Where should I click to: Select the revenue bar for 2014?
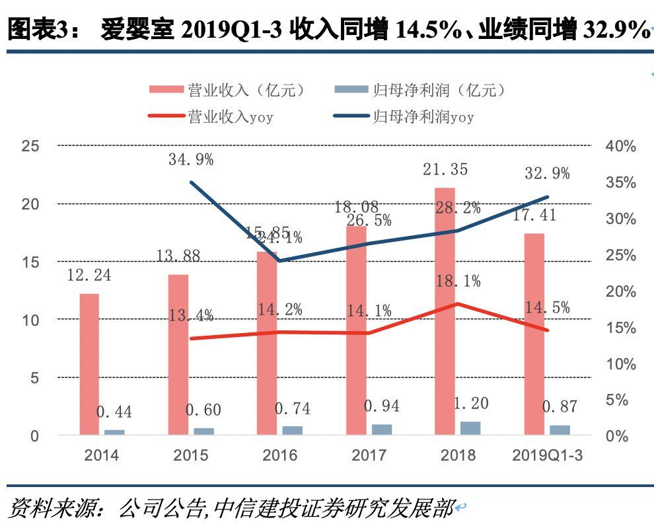89,363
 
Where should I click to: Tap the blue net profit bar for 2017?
381,429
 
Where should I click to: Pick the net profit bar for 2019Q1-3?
560,430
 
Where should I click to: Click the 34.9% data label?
191,159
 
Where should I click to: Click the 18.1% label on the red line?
458,282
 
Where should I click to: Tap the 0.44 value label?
114,412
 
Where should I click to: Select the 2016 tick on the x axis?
279,455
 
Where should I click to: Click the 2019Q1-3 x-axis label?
548,455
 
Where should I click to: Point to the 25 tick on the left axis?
30,146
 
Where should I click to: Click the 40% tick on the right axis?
620,147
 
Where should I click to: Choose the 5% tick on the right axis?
617,400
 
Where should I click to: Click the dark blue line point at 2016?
280,260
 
